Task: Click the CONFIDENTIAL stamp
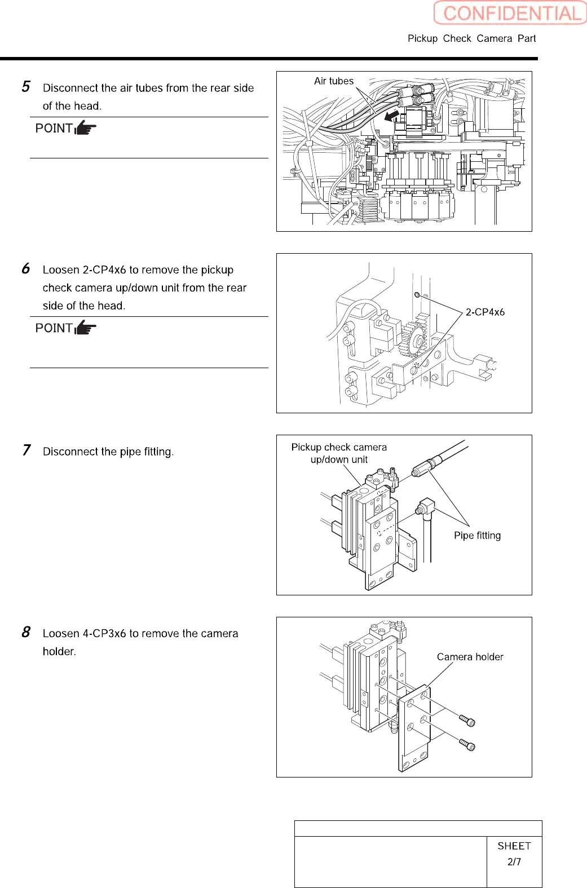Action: (510, 13)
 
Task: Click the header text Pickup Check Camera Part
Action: (471, 38)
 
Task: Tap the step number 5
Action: (26, 87)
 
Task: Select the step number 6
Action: (26, 269)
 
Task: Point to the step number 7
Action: (26, 450)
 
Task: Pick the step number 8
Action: (26, 633)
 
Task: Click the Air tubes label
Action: (334, 81)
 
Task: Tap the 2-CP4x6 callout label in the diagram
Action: (485, 312)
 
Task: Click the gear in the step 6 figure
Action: (415, 339)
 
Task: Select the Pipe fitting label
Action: (477, 536)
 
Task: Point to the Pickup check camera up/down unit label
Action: (339, 453)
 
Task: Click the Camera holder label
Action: (470, 657)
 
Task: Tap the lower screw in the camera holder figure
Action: (467, 745)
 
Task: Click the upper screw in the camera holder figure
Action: (467, 720)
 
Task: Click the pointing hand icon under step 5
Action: (85, 128)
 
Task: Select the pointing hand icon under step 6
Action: (85, 328)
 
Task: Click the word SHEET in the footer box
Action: (514, 846)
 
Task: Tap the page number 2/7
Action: (514, 862)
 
